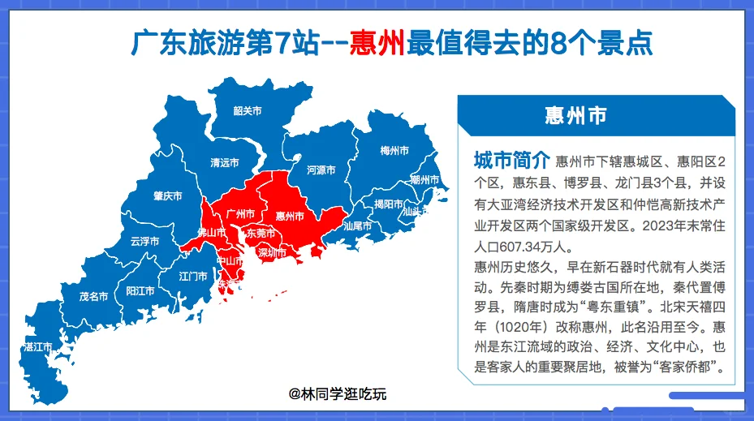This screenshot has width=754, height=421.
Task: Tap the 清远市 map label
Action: pos(224,162)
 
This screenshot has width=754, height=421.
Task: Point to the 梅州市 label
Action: pos(394,151)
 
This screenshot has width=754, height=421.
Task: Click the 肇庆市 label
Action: pos(167,195)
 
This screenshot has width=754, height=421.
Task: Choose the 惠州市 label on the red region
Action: pos(290,216)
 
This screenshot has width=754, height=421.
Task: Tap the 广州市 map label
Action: pos(240,213)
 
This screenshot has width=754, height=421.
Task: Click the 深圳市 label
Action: pos(272,252)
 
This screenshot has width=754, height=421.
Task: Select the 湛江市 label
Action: pos(38,346)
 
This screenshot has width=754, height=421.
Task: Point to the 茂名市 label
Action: pos(93,296)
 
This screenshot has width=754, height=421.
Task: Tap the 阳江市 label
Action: pos(140,290)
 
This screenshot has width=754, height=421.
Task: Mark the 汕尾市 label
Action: pos(357,226)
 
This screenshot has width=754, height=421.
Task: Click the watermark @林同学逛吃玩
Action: pos(339,395)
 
